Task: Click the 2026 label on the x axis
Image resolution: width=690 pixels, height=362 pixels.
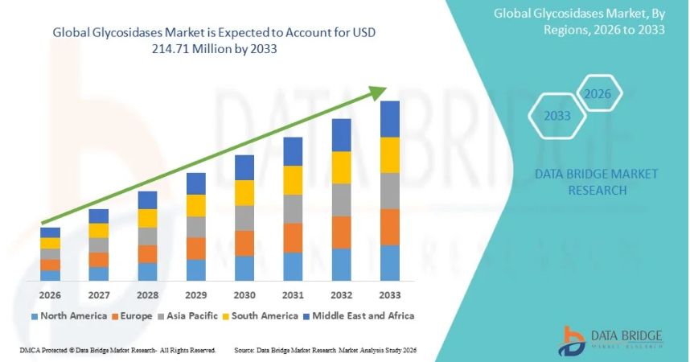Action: (x=50, y=295)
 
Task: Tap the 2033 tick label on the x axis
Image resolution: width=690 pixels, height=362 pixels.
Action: (x=390, y=295)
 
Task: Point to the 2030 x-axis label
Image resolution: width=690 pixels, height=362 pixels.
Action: (x=244, y=295)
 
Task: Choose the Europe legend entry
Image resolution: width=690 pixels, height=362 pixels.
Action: (x=132, y=316)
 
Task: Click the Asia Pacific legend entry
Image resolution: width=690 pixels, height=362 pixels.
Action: (x=191, y=316)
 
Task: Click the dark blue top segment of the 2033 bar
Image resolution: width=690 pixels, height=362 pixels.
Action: (x=390, y=119)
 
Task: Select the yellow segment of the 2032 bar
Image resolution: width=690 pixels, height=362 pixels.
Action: (x=342, y=167)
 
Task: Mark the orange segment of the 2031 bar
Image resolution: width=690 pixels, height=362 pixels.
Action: (x=293, y=238)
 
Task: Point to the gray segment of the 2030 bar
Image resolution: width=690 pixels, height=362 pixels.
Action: (x=244, y=218)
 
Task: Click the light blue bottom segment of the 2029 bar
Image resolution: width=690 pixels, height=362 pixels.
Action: (x=196, y=269)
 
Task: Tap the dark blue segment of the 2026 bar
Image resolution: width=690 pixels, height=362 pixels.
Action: (x=50, y=232)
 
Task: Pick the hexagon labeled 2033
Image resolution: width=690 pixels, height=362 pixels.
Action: (x=557, y=116)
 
